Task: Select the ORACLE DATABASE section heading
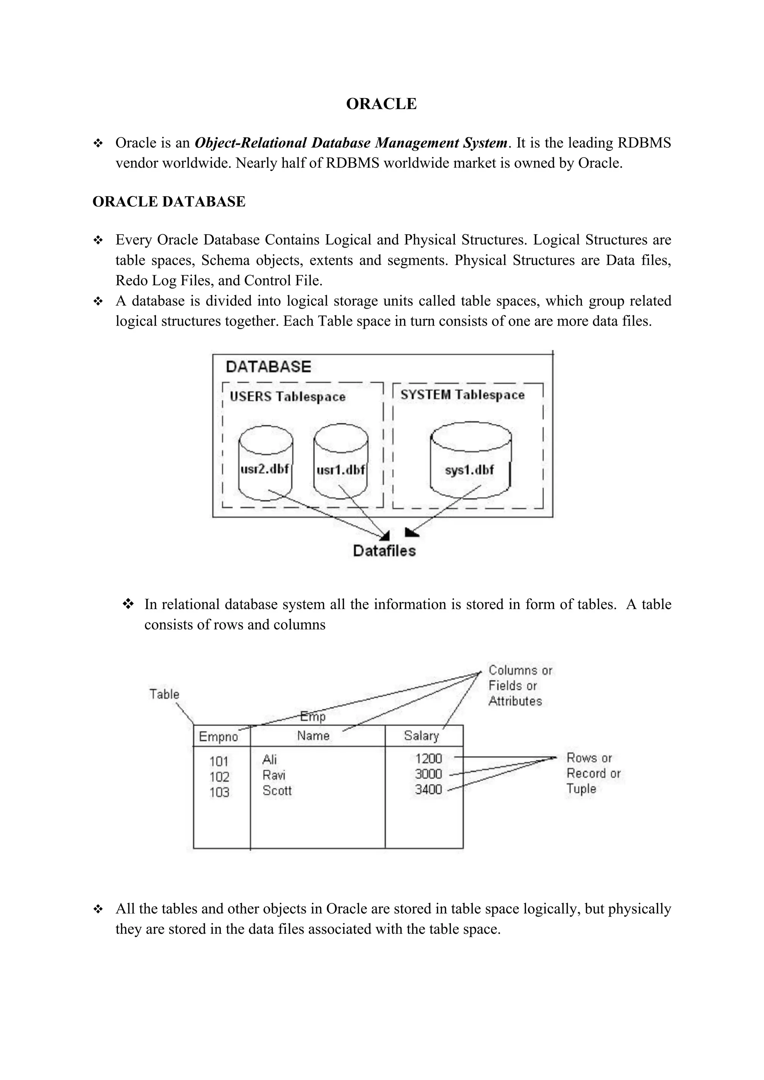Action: (x=169, y=202)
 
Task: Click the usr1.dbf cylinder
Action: (x=341, y=463)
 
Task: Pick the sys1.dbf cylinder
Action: (x=470, y=463)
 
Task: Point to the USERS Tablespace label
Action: (x=288, y=397)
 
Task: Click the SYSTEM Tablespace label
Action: (x=463, y=395)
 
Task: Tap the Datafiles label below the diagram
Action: (x=384, y=551)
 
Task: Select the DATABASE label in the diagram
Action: (x=269, y=367)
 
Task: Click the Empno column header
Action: (x=218, y=737)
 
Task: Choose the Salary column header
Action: (x=421, y=736)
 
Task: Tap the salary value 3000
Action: (x=428, y=774)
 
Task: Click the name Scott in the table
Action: (x=277, y=791)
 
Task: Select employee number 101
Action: (x=219, y=761)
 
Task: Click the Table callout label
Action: (x=164, y=694)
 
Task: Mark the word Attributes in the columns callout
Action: (x=515, y=701)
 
